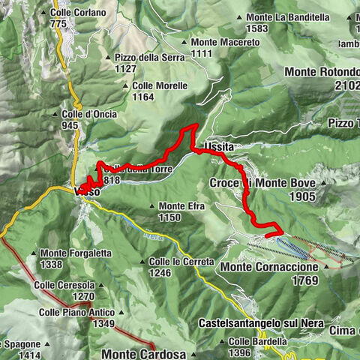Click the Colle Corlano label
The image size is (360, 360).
pos(78,13)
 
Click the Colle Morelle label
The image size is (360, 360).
pos(159,85)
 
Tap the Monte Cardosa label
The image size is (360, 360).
pos(143,353)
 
